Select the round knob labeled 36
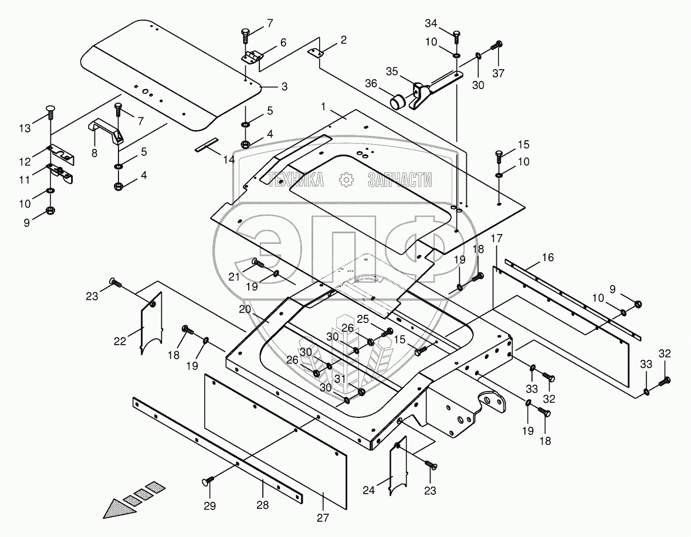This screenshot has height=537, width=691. click(x=399, y=101)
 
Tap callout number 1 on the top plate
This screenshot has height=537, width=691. click(x=323, y=107)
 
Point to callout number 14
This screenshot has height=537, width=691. click(x=229, y=159)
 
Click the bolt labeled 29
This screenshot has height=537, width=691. click(x=207, y=481)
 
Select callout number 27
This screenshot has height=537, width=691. click(x=323, y=517)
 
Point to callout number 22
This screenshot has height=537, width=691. click(x=120, y=342)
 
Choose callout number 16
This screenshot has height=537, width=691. click(x=547, y=257)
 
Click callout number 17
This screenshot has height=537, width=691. click(x=496, y=239)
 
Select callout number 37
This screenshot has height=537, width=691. click(x=498, y=73)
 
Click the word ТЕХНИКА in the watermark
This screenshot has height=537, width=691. click(x=296, y=180)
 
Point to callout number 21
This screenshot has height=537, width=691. click(x=234, y=277)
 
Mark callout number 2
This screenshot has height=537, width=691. click(x=343, y=40)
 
